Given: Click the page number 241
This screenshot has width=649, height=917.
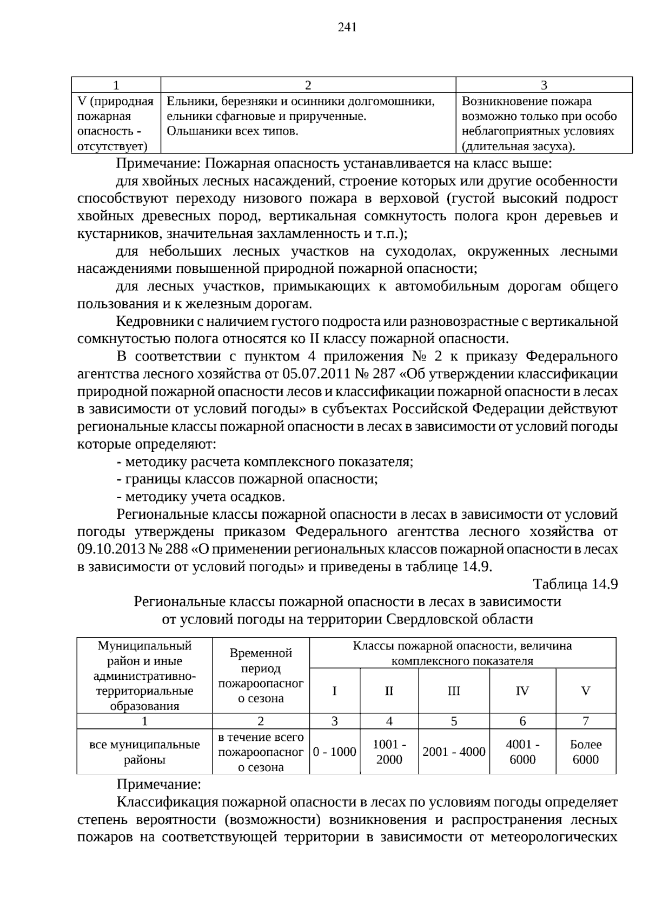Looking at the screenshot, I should (x=347, y=28).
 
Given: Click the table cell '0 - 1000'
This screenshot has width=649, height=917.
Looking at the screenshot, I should (x=335, y=752).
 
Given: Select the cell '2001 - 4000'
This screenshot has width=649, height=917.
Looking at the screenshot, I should (x=454, y=752).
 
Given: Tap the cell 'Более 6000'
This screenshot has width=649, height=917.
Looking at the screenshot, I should (x=585, y=752).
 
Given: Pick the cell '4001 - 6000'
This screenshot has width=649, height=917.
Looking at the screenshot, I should (x=522, y=752).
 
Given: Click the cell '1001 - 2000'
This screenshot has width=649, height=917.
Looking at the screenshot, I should (x=389, y=752).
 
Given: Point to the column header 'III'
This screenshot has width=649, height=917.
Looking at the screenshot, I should (x=454, y=691).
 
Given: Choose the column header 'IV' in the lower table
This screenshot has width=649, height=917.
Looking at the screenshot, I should (x=522, y=691).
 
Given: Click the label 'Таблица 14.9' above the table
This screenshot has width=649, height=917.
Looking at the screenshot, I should (x=575, y=584).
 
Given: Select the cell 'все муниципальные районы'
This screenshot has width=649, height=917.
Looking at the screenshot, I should (x=144, y=752).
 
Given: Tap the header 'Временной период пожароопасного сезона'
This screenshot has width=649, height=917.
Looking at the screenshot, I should (x=261, y=675).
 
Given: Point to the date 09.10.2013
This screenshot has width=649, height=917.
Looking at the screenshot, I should (x=110, y=549).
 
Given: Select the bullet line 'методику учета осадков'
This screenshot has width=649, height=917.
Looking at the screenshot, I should (x=204, y=497).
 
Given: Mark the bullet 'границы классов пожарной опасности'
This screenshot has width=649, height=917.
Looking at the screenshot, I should (x=250, y=479).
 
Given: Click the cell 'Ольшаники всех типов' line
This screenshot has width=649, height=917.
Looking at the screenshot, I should (x=233, y=131).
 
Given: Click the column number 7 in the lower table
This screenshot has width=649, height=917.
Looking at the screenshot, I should (x=585, y=721).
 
